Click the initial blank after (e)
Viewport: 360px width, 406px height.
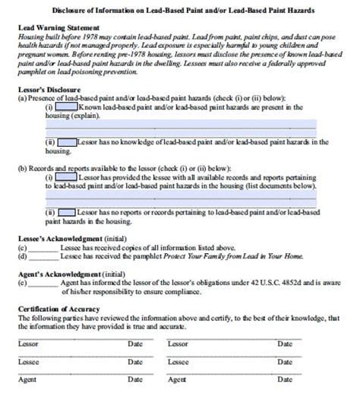pyautogui.click(x=43, y=284)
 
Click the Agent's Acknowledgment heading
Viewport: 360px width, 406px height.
pyautogui.click(x=62, y=272)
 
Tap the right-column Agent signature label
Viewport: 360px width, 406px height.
pyautogui.click(x=176, y=379)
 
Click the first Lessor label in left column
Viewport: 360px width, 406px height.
pyautogui.click(x=28, y=344)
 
